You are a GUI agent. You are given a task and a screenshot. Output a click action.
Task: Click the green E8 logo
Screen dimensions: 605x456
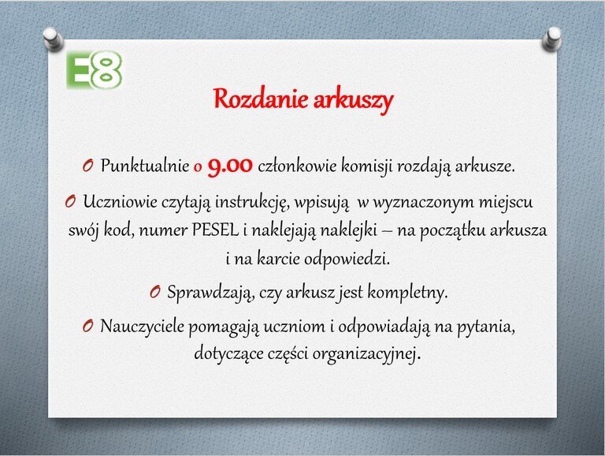[95, 70]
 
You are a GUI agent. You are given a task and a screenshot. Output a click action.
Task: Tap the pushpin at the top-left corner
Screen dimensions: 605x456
[53, 39]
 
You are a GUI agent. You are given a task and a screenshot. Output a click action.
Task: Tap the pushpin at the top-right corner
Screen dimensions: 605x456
[551, 39]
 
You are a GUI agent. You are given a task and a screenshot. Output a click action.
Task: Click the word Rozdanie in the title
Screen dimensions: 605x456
[261, 99]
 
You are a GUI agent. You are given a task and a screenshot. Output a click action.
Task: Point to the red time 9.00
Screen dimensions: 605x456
[230, 166]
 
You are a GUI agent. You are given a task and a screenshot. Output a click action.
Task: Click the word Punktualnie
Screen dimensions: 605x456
[145, 166]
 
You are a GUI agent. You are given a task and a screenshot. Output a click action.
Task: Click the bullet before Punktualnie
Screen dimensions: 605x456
[88, 166]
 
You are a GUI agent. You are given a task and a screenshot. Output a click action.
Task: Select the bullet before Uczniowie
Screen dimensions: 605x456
[70, 201]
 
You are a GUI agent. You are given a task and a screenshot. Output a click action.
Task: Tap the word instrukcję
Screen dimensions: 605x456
[252, 203]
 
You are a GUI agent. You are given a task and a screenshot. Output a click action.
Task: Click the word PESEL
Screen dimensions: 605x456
[215, 230]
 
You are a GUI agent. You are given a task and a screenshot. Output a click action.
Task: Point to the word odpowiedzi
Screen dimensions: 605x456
[347, 259]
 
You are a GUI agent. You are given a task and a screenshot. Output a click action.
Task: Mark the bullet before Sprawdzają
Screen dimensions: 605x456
[155, 292]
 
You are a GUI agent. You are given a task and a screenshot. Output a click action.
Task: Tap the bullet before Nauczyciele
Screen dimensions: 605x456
[88, 326]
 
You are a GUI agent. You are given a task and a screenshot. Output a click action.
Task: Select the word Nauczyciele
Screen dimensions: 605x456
[143, 327]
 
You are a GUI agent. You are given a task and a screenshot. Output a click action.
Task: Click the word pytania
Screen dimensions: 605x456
[486, 327]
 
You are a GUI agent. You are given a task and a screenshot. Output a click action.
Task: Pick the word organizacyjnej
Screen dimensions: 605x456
[366, 354]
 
